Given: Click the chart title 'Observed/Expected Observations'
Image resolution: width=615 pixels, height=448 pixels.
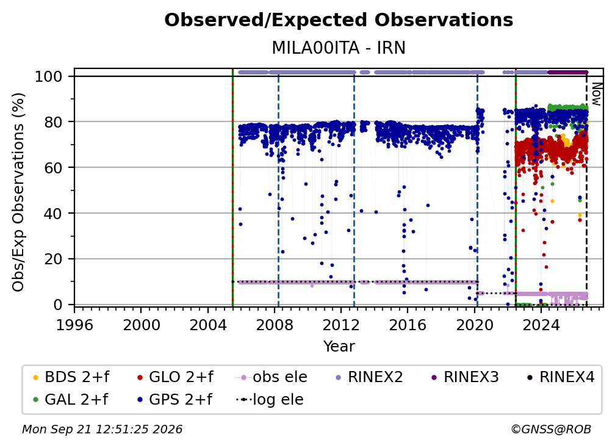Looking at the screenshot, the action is (x=339, y=20).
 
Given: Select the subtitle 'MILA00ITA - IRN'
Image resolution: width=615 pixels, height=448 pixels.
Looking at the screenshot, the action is (x=339, y=48).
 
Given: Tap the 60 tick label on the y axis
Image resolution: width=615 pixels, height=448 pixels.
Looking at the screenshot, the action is (x=54, y=168).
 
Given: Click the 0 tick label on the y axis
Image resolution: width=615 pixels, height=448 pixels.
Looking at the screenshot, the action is (x=58, y=305).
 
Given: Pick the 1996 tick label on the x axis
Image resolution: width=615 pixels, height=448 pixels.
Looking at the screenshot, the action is (x=74, y=325).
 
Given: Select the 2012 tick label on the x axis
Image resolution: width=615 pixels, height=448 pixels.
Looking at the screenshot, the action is (x=341, y=325).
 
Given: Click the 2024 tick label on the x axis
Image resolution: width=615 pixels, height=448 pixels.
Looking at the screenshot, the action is (x=541, y=325).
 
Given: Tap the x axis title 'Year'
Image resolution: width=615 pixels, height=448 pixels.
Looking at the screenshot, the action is (x=339, y=347).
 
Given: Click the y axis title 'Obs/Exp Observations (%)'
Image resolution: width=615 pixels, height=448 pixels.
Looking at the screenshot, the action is (x=18, y=192).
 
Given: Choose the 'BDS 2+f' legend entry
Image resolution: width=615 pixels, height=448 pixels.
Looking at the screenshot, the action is (x=71, y=377).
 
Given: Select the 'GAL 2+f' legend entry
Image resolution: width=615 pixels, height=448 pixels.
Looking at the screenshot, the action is (x=71, y=400).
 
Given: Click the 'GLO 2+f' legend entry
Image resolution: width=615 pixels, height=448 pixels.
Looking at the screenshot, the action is (x=175, y=377).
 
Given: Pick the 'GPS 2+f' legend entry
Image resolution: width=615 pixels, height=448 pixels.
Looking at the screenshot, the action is (x=174, y=400).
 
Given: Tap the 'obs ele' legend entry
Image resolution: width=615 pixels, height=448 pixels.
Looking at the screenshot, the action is (x=272, y=377).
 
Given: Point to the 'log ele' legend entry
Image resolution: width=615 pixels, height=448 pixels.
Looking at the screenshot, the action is (x=270, y=400).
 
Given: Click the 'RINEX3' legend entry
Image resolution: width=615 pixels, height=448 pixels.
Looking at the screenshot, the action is (x=465, y=377).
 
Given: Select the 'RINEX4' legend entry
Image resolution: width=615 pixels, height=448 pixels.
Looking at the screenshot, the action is (x=561, y=377).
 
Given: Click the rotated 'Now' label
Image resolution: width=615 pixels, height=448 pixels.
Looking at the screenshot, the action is (x=595, y=94).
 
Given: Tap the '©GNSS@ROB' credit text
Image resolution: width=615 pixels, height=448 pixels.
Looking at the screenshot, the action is (x=551, y=429).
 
